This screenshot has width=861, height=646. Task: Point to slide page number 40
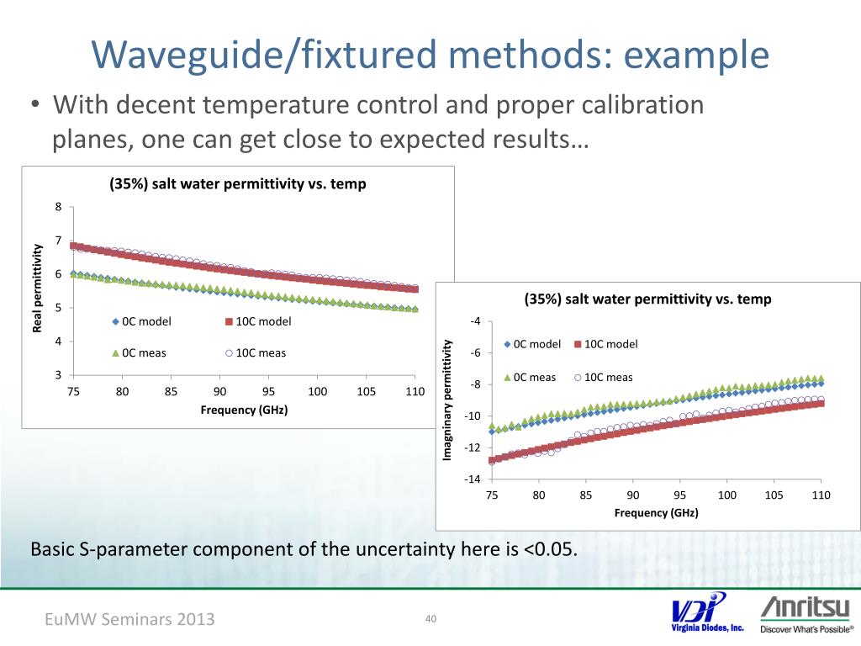[430, 619]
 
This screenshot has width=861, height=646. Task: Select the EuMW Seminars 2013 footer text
[129, 619]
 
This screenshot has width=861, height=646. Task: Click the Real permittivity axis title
[37, 287]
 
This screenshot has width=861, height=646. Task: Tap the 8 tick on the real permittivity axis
[58, 208]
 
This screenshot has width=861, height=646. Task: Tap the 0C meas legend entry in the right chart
[530, 377]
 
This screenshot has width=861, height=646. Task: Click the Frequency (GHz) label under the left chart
[244, 410]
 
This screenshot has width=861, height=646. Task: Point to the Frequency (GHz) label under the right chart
[656, 512]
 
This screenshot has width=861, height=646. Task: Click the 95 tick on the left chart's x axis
[268, 391]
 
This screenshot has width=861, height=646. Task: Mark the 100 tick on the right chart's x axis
[727, 495]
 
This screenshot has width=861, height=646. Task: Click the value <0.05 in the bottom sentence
[550, 550]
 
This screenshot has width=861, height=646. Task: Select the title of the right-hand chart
[647, 299]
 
